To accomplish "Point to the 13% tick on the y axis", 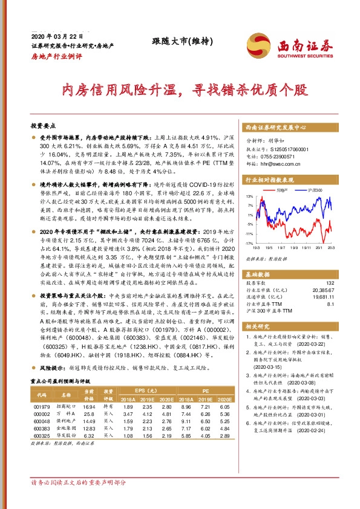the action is click(x=249, y=197).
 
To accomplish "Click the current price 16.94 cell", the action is click(x=90, y=407).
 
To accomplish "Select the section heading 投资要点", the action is click(x=42, y=126).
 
